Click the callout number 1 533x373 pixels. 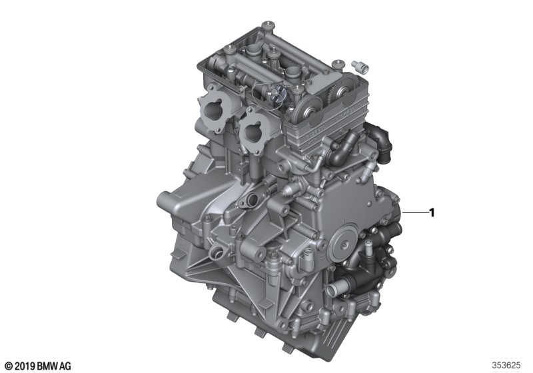pyautogui.click(x=432, y=213)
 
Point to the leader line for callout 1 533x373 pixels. pyautogui.click(x=415, y=212)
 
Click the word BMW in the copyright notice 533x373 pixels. pyautogui.click(x=47, y=366)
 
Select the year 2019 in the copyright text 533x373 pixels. pyautogui.click(x=25, y=366)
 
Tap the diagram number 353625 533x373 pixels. pyautogui.click(x=506, y=366)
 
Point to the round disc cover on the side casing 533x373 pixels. pyautogui.click(x=343, y=242)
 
